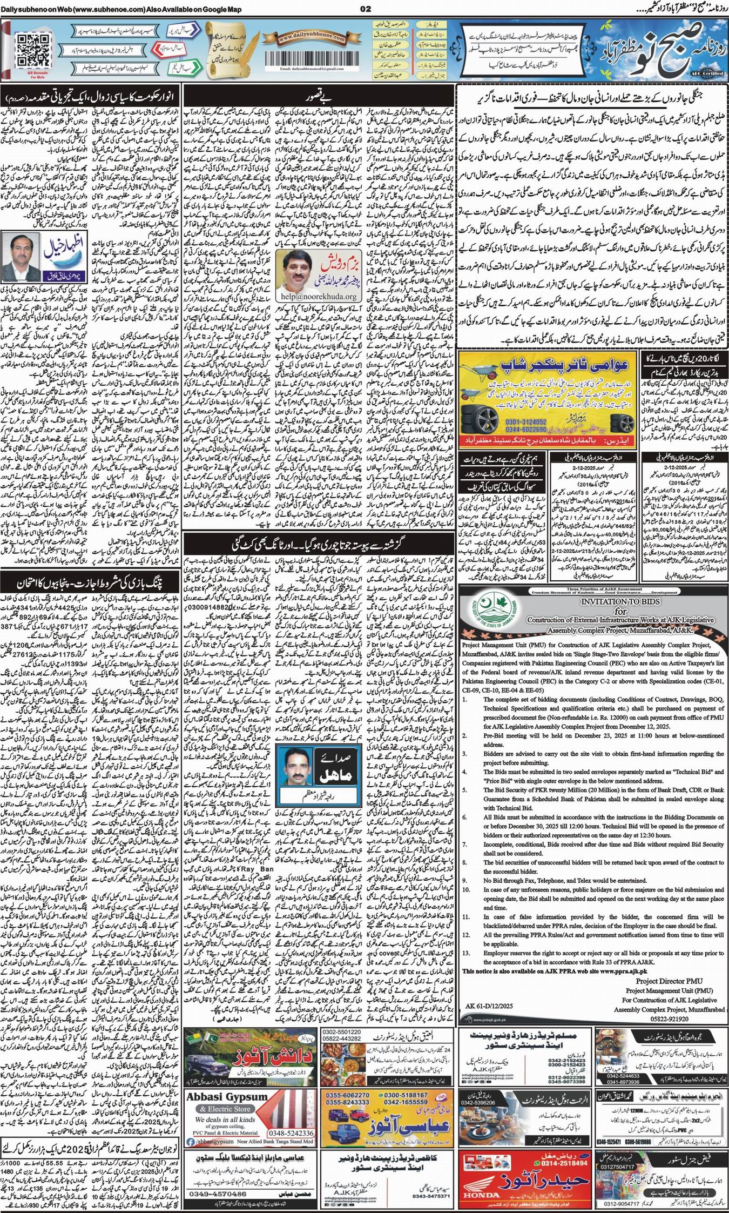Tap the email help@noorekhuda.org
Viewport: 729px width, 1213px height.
(312, 297)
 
